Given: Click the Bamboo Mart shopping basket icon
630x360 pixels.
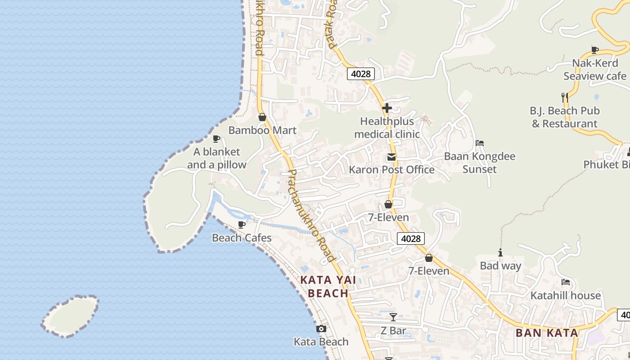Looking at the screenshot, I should click(262, 117).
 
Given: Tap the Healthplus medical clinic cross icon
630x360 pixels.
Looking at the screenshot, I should click(387, 108).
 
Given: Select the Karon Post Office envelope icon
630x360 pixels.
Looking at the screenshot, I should click(391, 157).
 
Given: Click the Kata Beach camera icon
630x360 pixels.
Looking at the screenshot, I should click(321, 329).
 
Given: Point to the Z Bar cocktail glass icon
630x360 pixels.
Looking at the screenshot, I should click(393, 317).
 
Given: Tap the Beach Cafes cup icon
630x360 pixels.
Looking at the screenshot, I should click(242, 224).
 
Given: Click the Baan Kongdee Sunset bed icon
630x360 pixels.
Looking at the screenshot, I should click(480, 144).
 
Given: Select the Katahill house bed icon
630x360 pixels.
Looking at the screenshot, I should click(566, 282).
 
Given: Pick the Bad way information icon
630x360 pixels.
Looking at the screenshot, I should click(500, 253).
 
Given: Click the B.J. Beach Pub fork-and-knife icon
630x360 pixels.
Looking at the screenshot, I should click(564, 97).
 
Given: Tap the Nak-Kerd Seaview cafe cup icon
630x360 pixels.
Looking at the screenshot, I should click(595, 50).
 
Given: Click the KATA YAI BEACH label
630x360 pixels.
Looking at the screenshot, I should click(328, 287).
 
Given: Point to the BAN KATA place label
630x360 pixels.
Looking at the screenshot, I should click(547, 333).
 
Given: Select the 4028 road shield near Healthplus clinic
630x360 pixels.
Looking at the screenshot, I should click(360, 74).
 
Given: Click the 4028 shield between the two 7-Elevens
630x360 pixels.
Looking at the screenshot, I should click(411, 238).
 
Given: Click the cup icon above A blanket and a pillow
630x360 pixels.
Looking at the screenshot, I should click(216, 139).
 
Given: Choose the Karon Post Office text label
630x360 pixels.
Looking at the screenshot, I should click(391, 170).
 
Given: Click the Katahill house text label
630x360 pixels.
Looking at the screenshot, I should click(566, 296).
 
